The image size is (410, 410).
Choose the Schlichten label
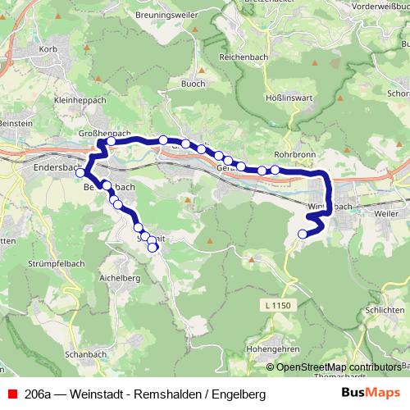pos(385,311)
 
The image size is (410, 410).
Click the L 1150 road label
pos(279,305)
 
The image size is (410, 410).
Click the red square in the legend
pos(11,394)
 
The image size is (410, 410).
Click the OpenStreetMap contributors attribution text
pos(339,367)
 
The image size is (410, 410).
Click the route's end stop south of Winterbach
pos(303,235)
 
